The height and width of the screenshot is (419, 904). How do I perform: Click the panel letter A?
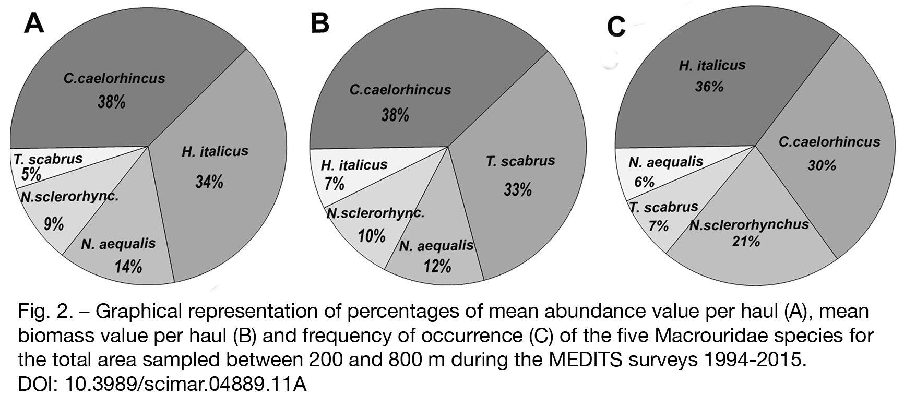click(34, 23)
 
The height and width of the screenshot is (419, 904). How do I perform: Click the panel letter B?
click(319, 23)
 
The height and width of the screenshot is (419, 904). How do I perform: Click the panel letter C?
click(616, 27)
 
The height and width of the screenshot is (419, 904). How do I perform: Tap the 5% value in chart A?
click(31, 174)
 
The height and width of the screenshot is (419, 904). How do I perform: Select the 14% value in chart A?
click(128, 267)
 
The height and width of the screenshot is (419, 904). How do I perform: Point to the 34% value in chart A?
click(209, 182)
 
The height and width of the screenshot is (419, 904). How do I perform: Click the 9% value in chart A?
click(54, 224)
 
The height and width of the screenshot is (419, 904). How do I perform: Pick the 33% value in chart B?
click(518, 189)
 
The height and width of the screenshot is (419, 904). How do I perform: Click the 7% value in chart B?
click(334, 184)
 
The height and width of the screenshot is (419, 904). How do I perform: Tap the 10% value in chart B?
click(372, 236)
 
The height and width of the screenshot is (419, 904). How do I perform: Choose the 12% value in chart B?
click(437, 266)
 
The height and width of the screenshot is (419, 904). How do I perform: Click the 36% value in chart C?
click(709, 87)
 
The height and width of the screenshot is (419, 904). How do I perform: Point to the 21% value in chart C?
click(746, 242)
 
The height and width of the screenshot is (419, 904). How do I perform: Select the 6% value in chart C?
click(645, 182)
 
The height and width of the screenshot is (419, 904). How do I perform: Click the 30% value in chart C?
click(822, 165)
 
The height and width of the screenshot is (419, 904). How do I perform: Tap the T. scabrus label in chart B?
click(520, 161)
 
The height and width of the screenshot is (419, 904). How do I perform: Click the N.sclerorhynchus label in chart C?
click(749, 225)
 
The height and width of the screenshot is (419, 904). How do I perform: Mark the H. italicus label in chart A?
click(215, 151)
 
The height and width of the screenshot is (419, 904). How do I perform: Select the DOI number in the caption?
click(185, 385)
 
